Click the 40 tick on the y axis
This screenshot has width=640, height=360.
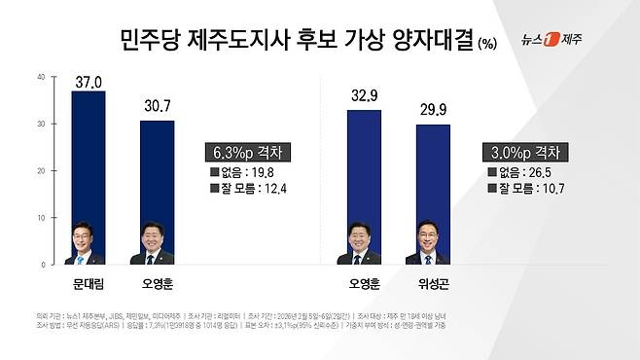pyautogui.click(x=39, y=77)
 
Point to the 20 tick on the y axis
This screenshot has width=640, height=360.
pyautogui.click(x=39, y=171)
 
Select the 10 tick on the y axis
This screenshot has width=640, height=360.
pyautogui.click(x=39, y=218)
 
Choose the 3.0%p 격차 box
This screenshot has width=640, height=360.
pyautogui.click(x=524, y=153)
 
